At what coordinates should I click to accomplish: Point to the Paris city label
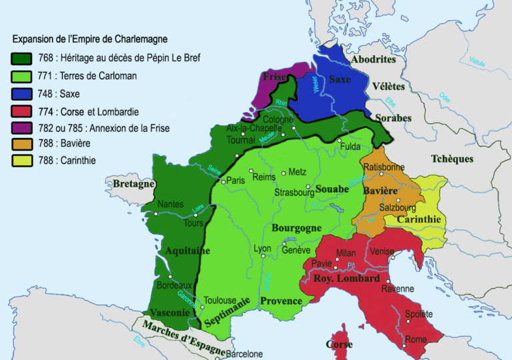235,181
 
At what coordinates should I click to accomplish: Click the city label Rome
415,339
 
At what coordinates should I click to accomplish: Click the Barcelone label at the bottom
244,354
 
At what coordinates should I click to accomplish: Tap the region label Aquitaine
185,251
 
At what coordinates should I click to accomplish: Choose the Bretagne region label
133,183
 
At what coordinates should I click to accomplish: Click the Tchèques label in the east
452,159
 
